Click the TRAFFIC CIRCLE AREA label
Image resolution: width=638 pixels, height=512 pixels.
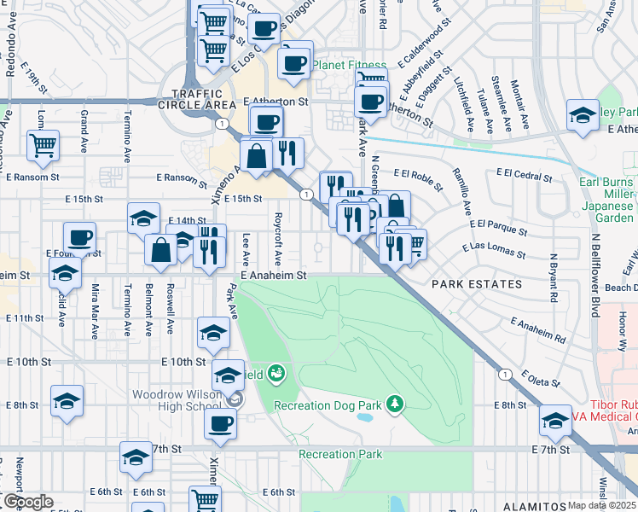pos(203,99)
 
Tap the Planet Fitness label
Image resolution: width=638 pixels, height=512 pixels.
pos(350,65)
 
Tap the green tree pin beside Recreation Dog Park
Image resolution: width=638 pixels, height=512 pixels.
pos(394,402)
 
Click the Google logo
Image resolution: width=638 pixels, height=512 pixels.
pos(28,502)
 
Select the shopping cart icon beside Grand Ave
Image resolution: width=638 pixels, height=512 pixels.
pos(43,145)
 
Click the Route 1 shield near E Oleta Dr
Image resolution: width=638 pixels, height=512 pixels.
pos(506,374)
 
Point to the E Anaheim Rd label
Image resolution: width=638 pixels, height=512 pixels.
pos(538,329)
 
